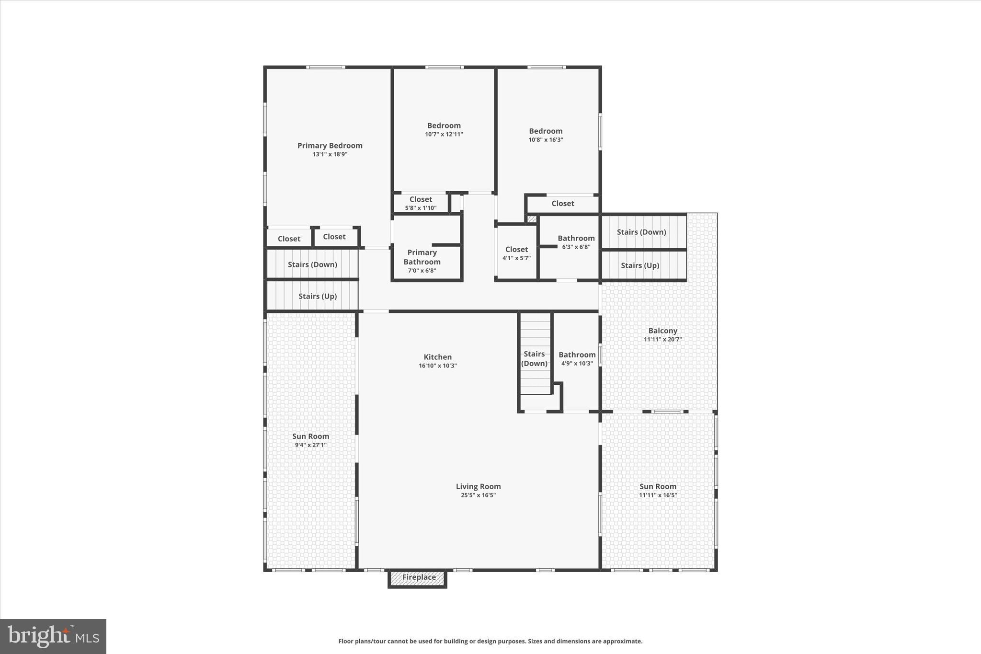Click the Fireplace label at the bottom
419,577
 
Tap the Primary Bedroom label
330,146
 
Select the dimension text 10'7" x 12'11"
444,135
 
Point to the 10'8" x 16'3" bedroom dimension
546,140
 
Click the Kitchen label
437,357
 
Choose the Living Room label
478,486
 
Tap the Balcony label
662,331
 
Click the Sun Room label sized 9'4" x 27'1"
310,436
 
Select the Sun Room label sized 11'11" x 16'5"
658,486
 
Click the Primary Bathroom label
422,257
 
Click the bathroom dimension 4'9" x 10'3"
577,364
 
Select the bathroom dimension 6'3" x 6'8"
576,247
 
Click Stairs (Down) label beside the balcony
641,232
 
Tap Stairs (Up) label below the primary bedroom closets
318,296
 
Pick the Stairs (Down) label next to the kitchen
534,358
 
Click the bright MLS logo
53,636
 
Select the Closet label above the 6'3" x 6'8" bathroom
562,204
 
